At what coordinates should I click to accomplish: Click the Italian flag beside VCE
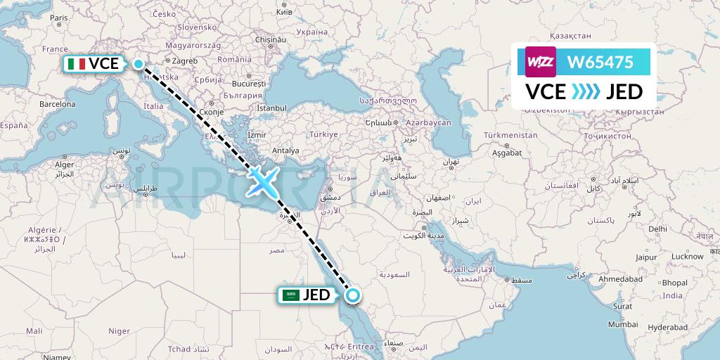77,64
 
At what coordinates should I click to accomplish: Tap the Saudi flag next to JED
291,295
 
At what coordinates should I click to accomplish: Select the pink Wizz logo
541,62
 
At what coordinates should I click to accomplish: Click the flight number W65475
600,63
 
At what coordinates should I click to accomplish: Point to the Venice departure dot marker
139,65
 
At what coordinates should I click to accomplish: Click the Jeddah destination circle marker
353,295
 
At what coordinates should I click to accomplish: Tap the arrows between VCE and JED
585,91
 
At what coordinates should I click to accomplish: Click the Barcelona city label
57,103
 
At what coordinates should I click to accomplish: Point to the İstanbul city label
272,108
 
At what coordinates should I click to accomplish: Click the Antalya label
285,150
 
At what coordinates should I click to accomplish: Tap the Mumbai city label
624,324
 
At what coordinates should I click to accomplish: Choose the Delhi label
657,229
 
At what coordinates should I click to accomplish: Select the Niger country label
119,330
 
